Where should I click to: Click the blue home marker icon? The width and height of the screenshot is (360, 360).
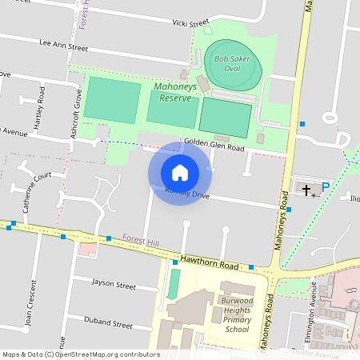(x=180, y=173)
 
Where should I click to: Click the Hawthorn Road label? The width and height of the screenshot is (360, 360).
(x=210, y=264)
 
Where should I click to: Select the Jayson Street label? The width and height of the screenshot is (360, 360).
(x=114, y=284)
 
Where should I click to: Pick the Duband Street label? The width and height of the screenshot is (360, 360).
(x=108, y=325)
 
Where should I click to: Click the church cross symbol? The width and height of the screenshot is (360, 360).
(x=306, y=189)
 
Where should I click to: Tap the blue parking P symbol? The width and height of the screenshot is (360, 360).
(x=325, y=189)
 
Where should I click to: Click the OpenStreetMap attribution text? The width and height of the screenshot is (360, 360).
(x=80, y=354)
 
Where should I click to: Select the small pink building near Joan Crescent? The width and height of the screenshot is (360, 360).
(x=86, y=250)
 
